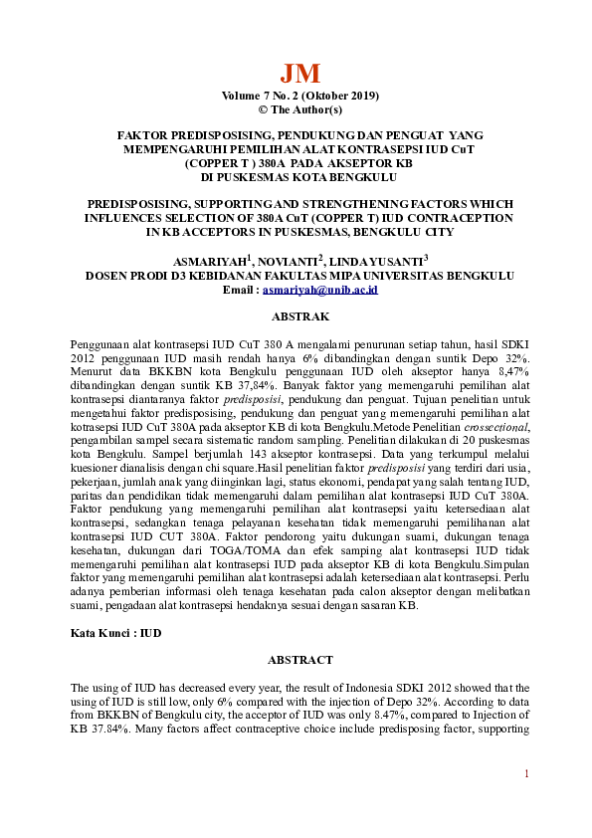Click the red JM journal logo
(299, 73)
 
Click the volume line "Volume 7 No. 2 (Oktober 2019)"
(299, 96)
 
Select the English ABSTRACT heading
(299, 660)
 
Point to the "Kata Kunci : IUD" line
(116, 633)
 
